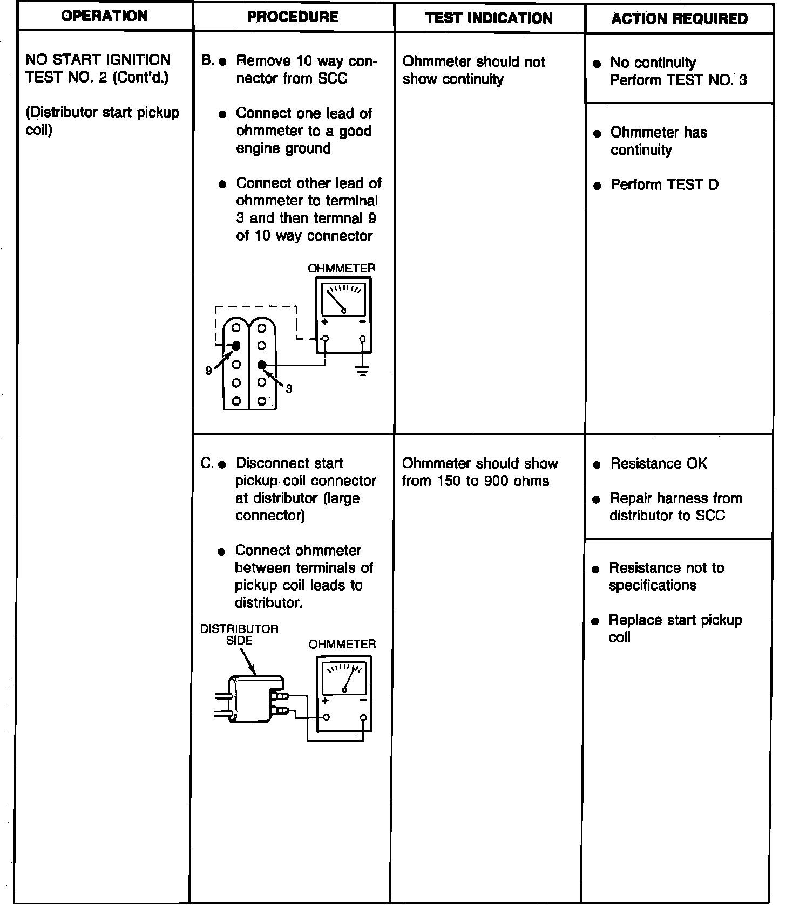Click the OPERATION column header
[x=104, y=16]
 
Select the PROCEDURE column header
[x=293, y=17]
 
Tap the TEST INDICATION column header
[x=489, y=18]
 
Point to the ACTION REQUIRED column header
[x=680, y=19]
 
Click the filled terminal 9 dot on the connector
[x=236, y=346]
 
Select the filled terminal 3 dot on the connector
[x=262, y=365]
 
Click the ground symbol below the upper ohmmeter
[x=362, y=371]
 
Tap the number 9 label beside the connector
[x=209, y=371]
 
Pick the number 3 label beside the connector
[x=289, y=388]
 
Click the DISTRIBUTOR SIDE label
[x=239, y=634]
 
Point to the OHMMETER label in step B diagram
[x=341, y=268]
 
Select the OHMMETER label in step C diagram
[x=342, y=644]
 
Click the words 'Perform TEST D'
[x=664, y=184]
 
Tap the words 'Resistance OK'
[x=658, y=464]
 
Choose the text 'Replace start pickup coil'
[x=675, y=628]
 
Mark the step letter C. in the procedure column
[x=207, y=463]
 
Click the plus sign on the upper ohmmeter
[x=324, y=322]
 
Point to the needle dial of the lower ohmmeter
[x=344, y=678]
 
